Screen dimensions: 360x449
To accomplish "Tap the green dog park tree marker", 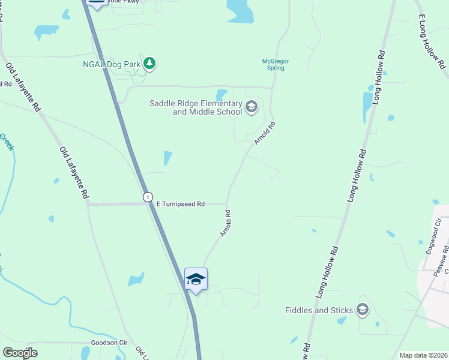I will [149, 63].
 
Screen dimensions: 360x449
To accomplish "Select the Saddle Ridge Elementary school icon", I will [252, 107].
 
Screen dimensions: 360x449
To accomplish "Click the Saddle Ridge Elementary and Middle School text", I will [196, 107].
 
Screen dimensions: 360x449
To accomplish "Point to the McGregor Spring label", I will [273, 64].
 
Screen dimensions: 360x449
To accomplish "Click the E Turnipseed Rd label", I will [181, 204].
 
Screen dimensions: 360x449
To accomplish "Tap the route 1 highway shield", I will [148, 197].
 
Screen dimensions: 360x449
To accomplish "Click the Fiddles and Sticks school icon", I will [362, 310].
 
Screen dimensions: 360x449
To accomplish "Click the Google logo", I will [20, 353].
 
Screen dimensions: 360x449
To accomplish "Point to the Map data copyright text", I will [423, 355].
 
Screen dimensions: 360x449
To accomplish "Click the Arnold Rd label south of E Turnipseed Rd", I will [226, 223].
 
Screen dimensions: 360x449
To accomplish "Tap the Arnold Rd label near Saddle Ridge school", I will [264, 133].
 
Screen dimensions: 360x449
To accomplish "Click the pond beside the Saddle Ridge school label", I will [221, 94].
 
